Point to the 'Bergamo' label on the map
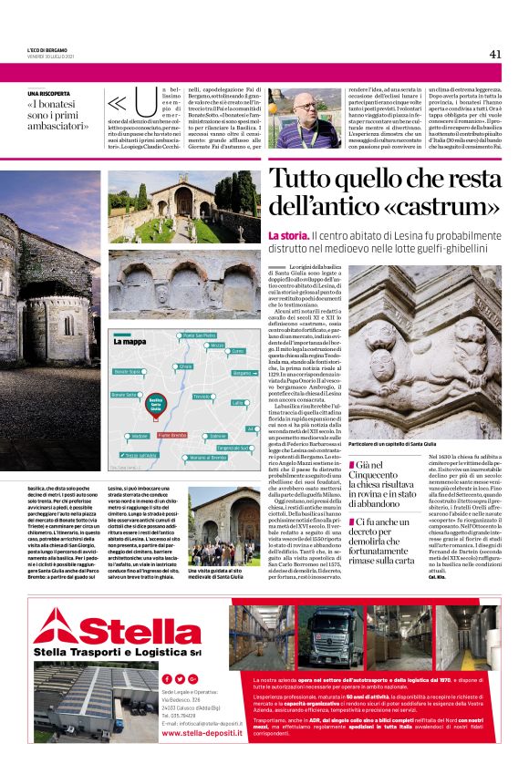coord(243,373)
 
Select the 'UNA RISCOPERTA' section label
coord(49,94)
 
